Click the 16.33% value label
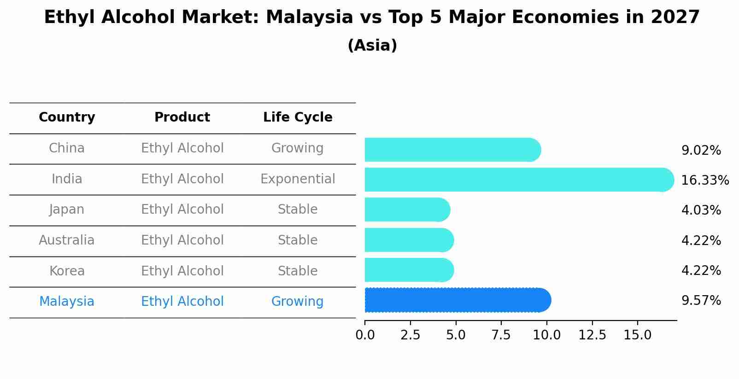(704, 180)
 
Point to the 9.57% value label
(701, 301)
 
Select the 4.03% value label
(701, 210)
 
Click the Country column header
(67, 117)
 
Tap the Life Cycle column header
(298, 117)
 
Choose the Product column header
(182, 117)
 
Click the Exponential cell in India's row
(298, 179)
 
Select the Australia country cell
(67, 240)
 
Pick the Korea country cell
(67, 271)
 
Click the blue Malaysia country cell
(67, 302)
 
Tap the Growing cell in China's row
(297, 148)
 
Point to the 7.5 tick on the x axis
(501, 335)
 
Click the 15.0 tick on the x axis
(637, 335)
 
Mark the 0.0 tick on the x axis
(365, 335)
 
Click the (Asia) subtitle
(372, 46)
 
